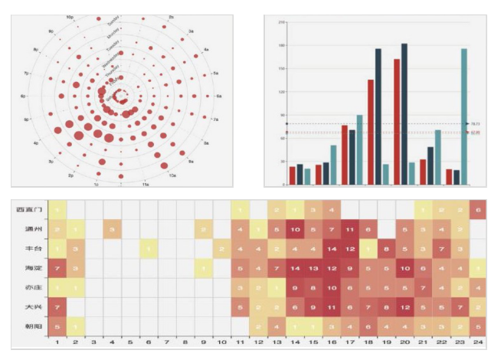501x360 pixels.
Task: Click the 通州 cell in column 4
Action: pos(112,229)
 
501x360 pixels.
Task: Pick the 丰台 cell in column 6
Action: pos(149,248)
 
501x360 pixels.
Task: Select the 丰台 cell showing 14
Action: pos(332,248)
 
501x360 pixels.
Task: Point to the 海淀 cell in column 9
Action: pos(203,267)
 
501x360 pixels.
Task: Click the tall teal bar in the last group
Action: pos(464,116)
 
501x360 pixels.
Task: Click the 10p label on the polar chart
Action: pos(70,16)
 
